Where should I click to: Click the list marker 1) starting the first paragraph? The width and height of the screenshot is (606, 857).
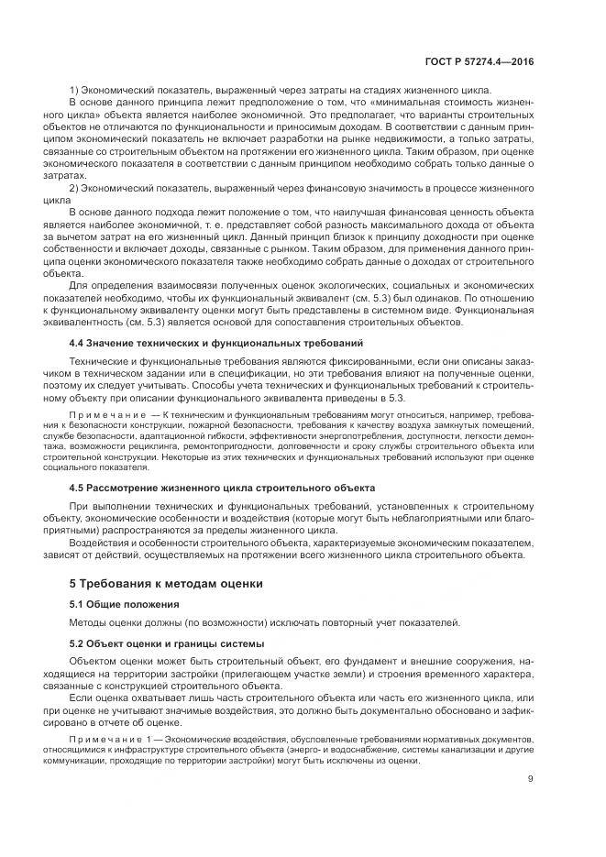click(75, 90)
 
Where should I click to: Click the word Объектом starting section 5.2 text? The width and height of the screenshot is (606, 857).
click(95, 662)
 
